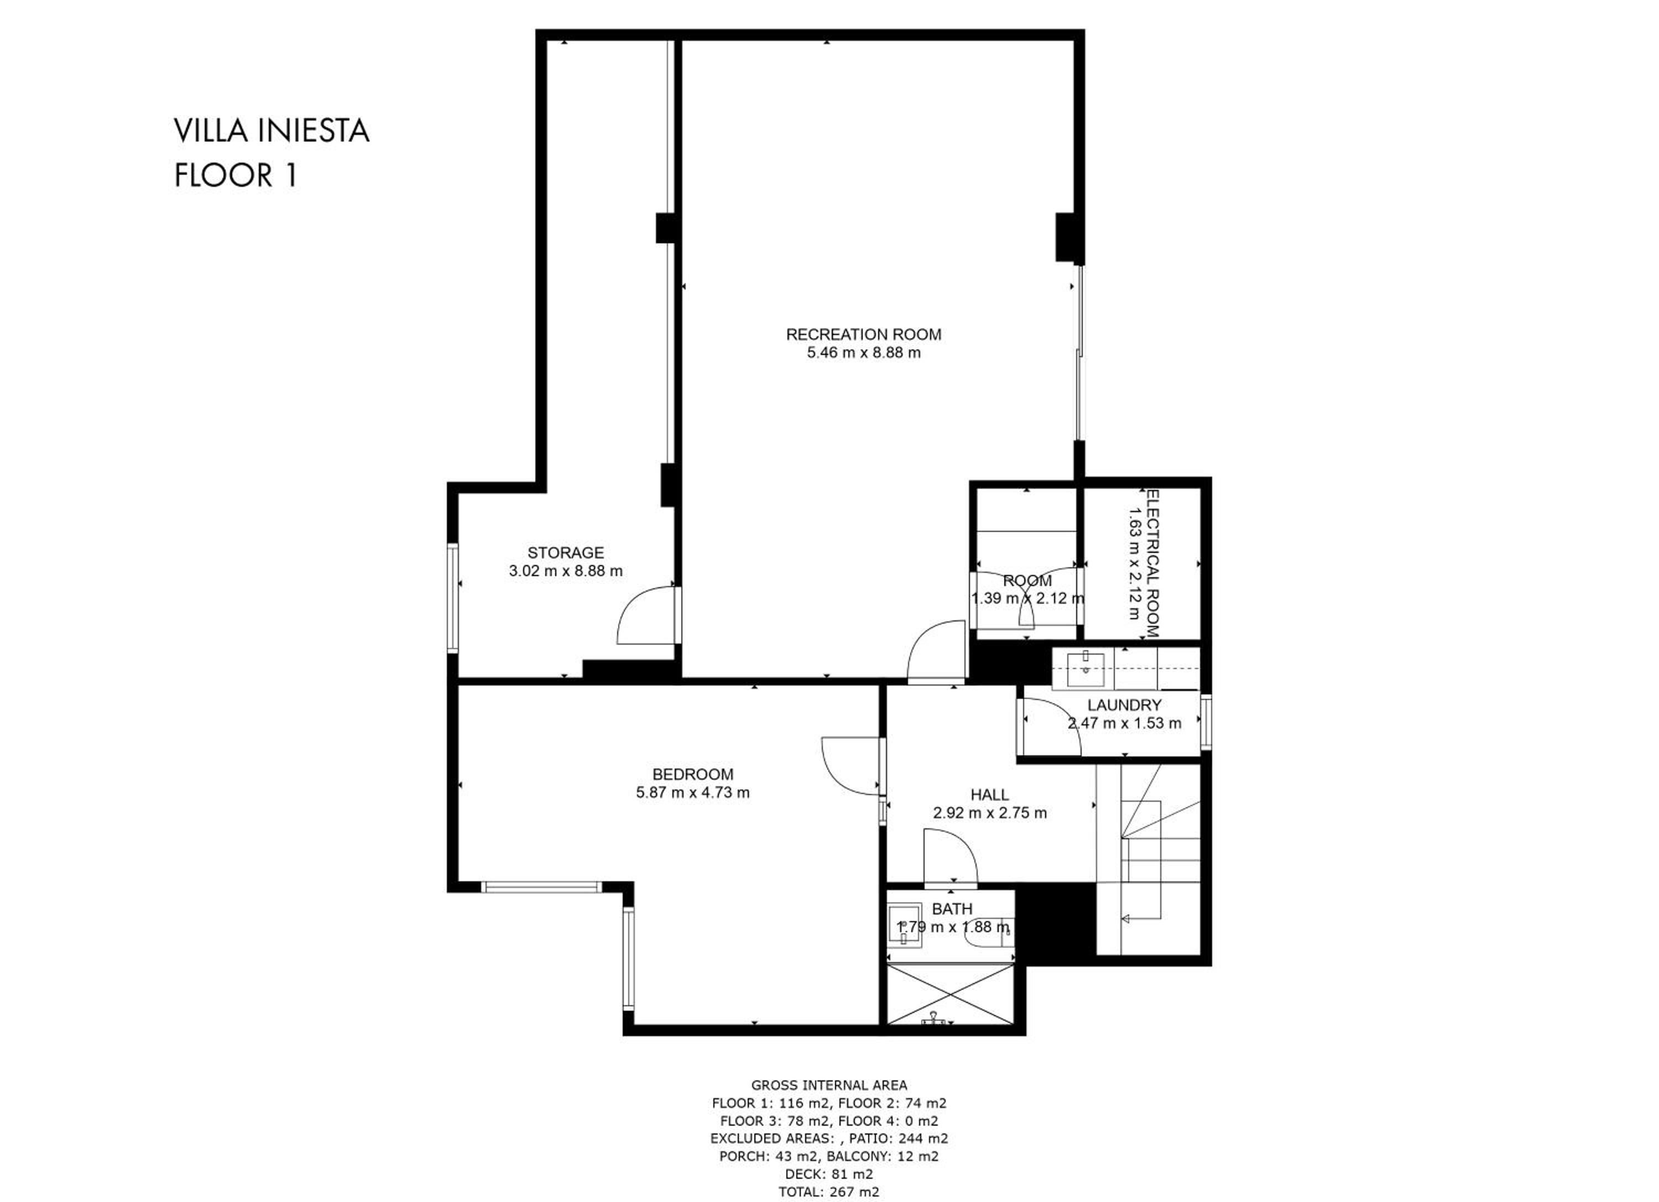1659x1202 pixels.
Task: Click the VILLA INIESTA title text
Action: [272, 132]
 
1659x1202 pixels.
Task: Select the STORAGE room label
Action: [565, 553]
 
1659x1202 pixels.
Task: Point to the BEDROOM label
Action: [693, 774]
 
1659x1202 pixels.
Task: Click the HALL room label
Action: [990, 795]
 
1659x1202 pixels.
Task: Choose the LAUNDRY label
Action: [1124, 705]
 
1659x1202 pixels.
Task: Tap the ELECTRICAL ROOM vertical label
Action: [1153, 564]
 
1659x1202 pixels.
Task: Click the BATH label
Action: [952, 909]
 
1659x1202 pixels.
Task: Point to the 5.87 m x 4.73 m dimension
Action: [693, 792]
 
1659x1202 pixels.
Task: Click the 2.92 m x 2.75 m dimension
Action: [990, 813]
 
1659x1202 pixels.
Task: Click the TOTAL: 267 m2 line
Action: [830, 1191]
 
